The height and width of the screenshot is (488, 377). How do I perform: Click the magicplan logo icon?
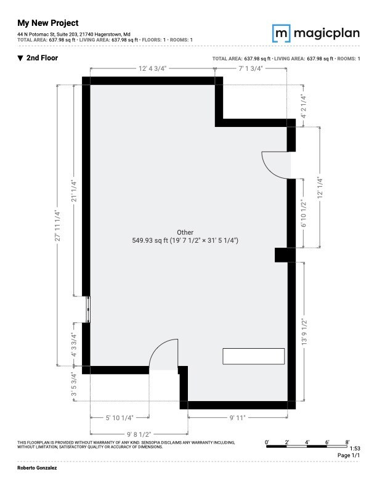pos(282,33)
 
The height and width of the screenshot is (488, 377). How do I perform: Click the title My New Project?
pos(47,23)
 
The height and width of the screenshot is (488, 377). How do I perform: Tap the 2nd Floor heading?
pos(42,58)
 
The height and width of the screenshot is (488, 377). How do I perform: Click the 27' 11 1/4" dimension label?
pos(57,226)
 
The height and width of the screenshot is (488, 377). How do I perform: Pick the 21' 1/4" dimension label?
pos(74,191)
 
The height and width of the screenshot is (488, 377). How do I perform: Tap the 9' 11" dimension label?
pos(238,418)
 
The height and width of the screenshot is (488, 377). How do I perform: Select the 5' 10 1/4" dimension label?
pos(120,418)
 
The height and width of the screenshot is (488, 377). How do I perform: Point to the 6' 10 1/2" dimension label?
pos(303,214)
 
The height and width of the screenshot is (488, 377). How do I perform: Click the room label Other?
pos(185,232)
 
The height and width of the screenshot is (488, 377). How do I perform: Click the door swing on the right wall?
pos(276,165)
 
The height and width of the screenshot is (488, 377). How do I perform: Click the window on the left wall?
pos(87,309)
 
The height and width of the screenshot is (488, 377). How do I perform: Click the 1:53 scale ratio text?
pos(354,449)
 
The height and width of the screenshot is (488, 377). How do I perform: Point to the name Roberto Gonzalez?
pos(36,469)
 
